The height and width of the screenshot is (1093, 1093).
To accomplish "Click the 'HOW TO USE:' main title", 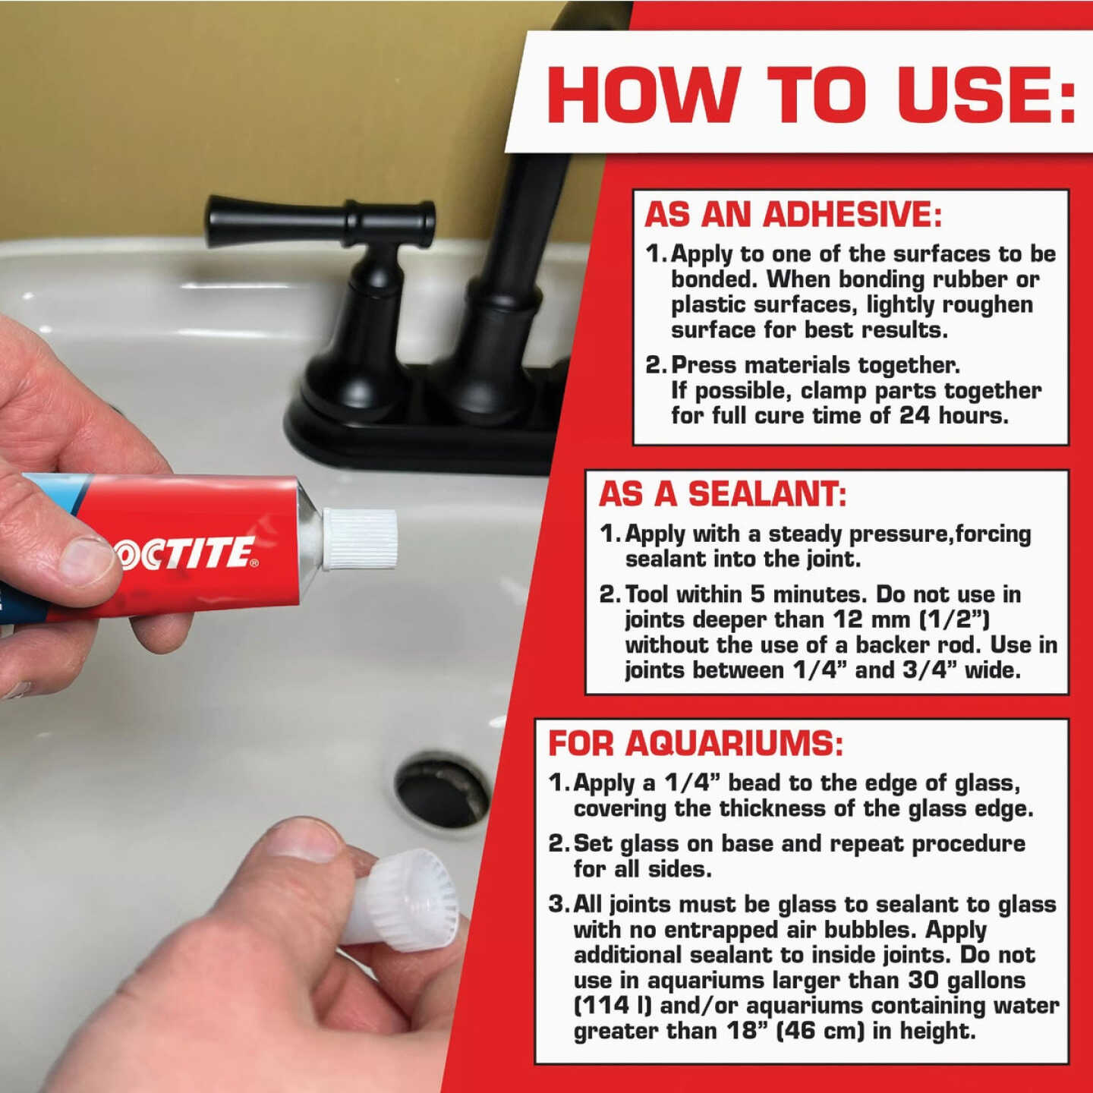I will pyautogui.click(x=811, y=94).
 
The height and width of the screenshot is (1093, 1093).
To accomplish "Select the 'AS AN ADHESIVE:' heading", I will pyautogui.click(x=792, y=215).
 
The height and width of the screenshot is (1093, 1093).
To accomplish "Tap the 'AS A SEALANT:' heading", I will pyautogui.click(x=722, y=495).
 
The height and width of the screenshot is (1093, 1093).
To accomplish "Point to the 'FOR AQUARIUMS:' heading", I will pyautogui.click(x=695, y=744).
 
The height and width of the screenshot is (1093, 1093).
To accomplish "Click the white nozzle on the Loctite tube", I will pyautogui.click(x=361, y=538).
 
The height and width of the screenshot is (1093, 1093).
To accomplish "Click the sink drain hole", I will pyautogui.click(x=443, y=790).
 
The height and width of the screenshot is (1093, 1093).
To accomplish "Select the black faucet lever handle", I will pyautogui.click(x=319, y=220).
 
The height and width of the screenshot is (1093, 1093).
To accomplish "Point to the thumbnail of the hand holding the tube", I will pyautogui.click(x=85, y=560).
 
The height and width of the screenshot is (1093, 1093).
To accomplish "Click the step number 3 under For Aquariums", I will pyautogui.click(x=558, y=904).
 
